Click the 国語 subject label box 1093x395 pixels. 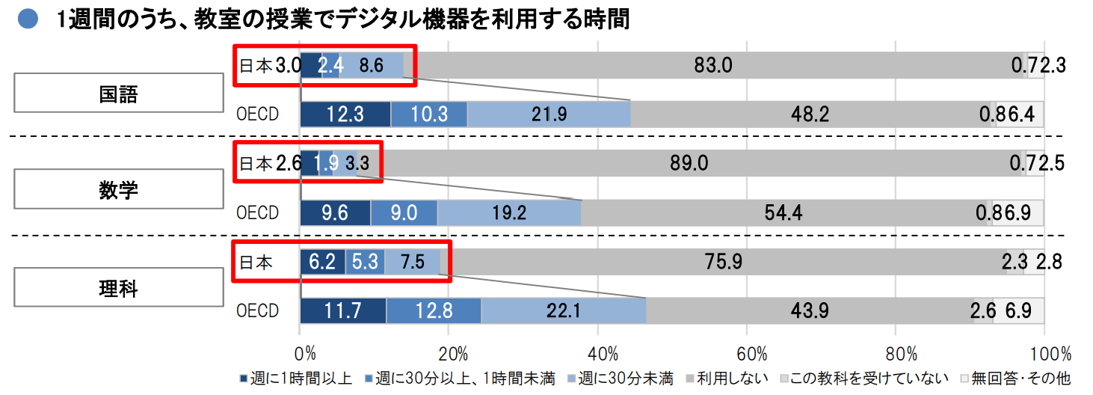coord(119,94)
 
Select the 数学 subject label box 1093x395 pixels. coord(119,190)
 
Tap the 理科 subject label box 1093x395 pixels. coord(119,288)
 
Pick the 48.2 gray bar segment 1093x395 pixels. coord(810,114)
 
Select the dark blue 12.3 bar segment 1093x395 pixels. coord(345,114)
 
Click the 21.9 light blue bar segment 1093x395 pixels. coord(548,114)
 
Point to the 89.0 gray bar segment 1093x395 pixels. coord(689,163)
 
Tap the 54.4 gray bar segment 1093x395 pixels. coord(783,212)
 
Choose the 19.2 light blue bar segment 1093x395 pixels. coord(508,212)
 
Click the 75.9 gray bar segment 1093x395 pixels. coord(724,262)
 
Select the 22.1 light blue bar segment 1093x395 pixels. coord(563,310)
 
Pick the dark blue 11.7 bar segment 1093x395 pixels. coord(342,310)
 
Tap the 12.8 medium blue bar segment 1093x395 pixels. coord(434,310)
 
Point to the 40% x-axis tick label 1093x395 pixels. coord(603,353)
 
